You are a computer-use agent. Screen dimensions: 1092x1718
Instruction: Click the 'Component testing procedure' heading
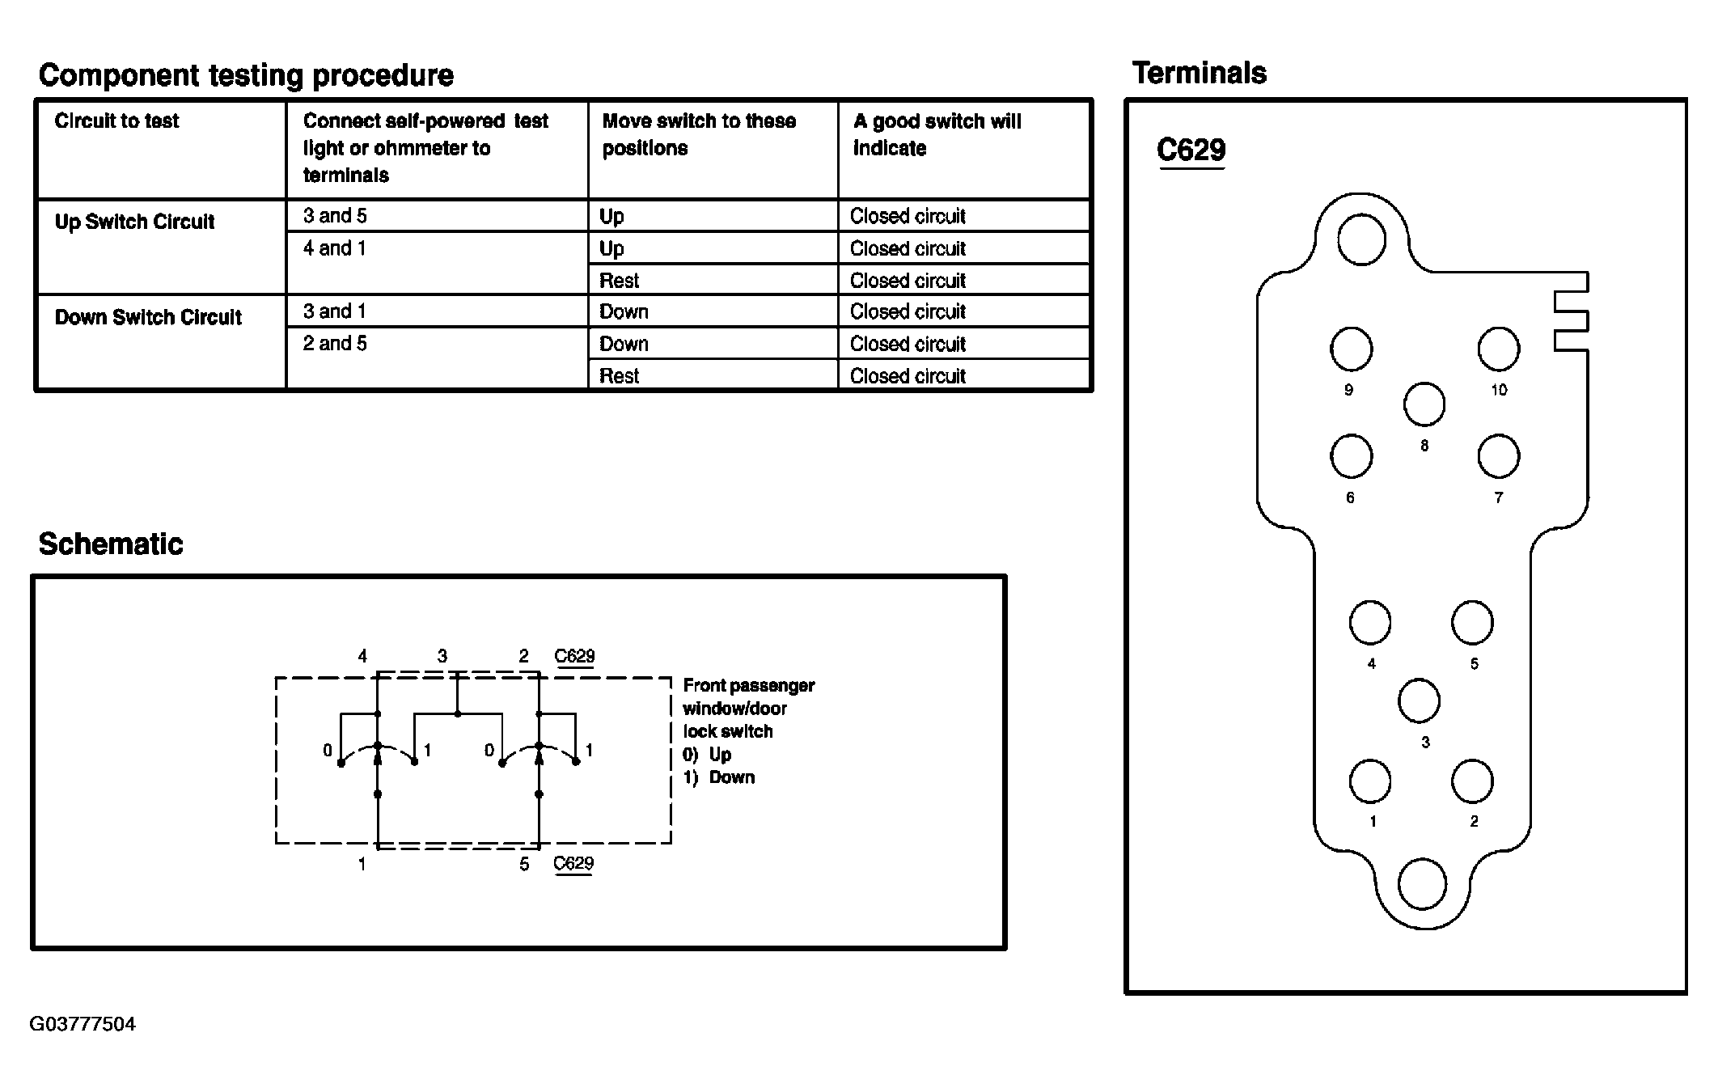(246, 75)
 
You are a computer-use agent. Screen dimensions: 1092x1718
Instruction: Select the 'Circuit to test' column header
(116, 121)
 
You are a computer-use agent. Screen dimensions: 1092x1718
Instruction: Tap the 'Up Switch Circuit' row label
(134, 222)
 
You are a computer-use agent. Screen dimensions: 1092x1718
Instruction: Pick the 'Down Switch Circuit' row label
(148, 317)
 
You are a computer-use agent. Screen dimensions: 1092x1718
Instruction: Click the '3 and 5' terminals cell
(335, 216)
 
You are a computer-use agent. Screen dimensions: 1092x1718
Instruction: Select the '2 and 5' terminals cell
(335, 344)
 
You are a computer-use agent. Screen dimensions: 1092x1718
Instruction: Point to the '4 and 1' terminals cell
(335, 248)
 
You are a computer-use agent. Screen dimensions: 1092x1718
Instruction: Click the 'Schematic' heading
(111, 544)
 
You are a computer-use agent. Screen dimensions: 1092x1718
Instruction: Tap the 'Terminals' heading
(1199, 74)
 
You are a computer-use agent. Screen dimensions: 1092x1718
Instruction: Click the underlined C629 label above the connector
(1191, 150)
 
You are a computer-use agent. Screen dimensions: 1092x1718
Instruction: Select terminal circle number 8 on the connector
(1424, 404)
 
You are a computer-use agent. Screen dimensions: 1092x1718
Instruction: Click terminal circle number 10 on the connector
(1498, 349)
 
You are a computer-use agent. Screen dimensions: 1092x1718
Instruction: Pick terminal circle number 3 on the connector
(1419, 701)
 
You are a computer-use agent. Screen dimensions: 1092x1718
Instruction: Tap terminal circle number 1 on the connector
(1370, 781)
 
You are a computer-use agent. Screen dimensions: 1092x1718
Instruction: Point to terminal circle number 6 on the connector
(1351, 456)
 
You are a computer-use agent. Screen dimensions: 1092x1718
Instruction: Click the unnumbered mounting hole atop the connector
(1361, 239)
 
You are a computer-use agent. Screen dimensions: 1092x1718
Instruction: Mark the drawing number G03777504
(83, 1024)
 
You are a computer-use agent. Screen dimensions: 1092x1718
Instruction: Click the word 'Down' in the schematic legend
(731, 777)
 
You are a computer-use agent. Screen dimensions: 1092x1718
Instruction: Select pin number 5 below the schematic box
(524, 865)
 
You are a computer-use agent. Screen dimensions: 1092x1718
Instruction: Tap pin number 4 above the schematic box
(362, 656)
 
